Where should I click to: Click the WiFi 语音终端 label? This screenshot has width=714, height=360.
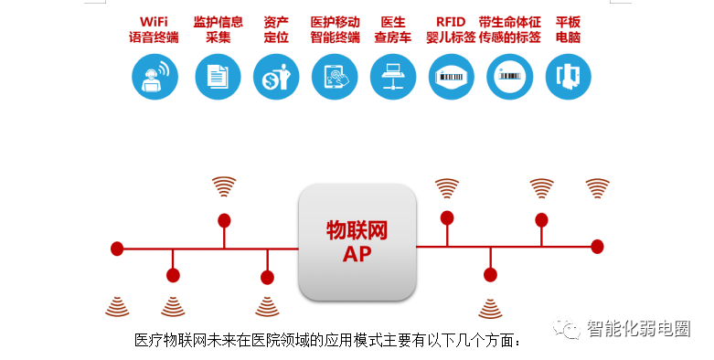click(x=154, y=29)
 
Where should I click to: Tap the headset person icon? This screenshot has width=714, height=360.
click(x=155, y=77)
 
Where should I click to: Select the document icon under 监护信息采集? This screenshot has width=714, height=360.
click(x=218, y=77)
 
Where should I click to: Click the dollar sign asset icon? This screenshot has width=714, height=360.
click(x=276, y=77)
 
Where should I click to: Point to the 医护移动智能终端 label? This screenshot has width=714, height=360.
click(x=336, y=29)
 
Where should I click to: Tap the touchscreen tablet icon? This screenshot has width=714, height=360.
click(x=335, y=77)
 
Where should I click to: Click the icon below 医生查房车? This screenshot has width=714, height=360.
click(x=392, y=77)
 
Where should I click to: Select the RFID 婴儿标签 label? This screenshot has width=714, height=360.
click(x=451, y=29)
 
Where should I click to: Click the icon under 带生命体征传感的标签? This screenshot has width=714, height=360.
click(x=509, y=77)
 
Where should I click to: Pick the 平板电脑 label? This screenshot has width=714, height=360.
click(x=568, y=29)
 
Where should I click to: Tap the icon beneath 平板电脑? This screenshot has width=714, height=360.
click(x=569, y=77)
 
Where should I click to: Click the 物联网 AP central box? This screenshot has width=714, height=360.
click(x=357, y=241)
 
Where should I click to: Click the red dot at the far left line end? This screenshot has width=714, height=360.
click(x=117, y=249)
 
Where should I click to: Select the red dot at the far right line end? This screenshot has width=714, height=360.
click(x=597, y=247)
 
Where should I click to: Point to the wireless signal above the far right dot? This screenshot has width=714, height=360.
click(x=597, y=188)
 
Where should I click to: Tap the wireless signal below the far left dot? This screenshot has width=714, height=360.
click(x=117, y=307)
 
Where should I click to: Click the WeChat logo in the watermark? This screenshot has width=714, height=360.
click(x=567, y=328)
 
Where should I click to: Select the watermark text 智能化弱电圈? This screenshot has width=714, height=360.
click(x=638, y=328)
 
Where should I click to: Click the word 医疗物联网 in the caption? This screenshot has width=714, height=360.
click(x=171, y=340)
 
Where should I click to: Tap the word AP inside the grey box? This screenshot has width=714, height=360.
click(x=357, y=254)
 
